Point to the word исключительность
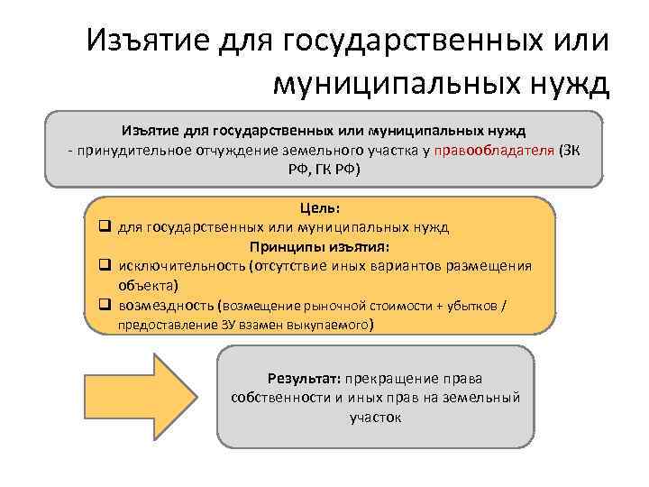(175, 266)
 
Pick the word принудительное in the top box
(126, 149)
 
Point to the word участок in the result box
(375, 418)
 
